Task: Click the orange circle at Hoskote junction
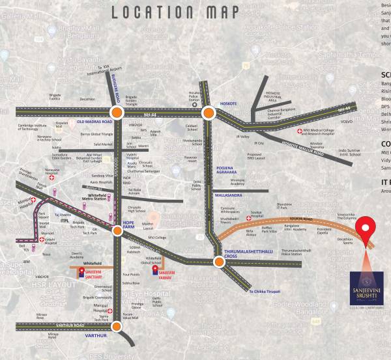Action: point(208,113)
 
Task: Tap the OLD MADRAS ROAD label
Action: point(94,122)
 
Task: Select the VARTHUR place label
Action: point(94,335)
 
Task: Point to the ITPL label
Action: point(65,221)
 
